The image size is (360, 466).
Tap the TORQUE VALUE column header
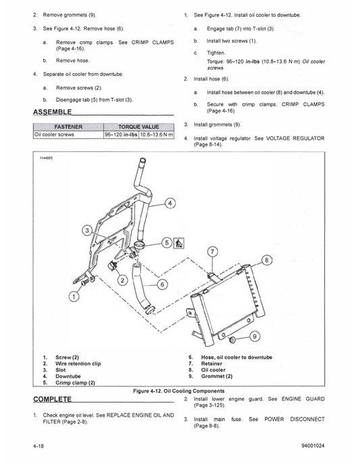point(138,126)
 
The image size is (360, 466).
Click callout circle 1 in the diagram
point(72,296)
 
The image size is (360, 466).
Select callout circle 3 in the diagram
point(87,231)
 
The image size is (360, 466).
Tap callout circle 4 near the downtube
point(170,203)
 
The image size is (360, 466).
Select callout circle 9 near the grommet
point(254,336)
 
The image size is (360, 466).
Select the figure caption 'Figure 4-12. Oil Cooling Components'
point(179,391)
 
